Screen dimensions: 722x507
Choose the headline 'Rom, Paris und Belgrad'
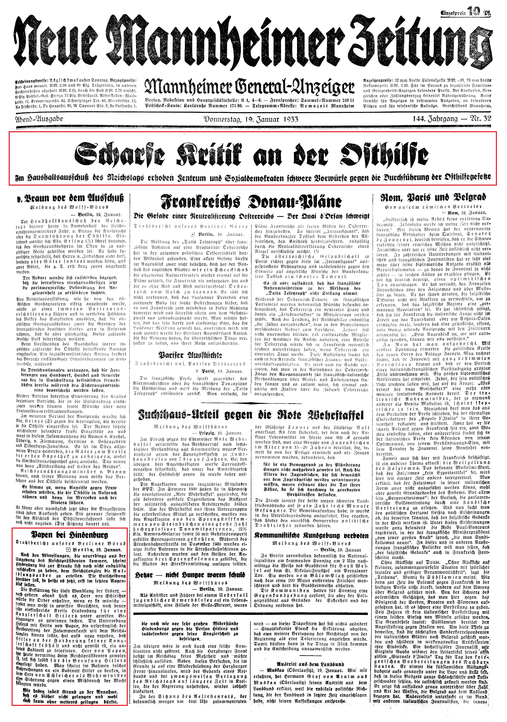click(433, 197)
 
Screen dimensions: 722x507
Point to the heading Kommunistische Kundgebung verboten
click(311, 535)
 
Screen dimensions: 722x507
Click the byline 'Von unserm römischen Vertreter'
click(433, 207)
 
